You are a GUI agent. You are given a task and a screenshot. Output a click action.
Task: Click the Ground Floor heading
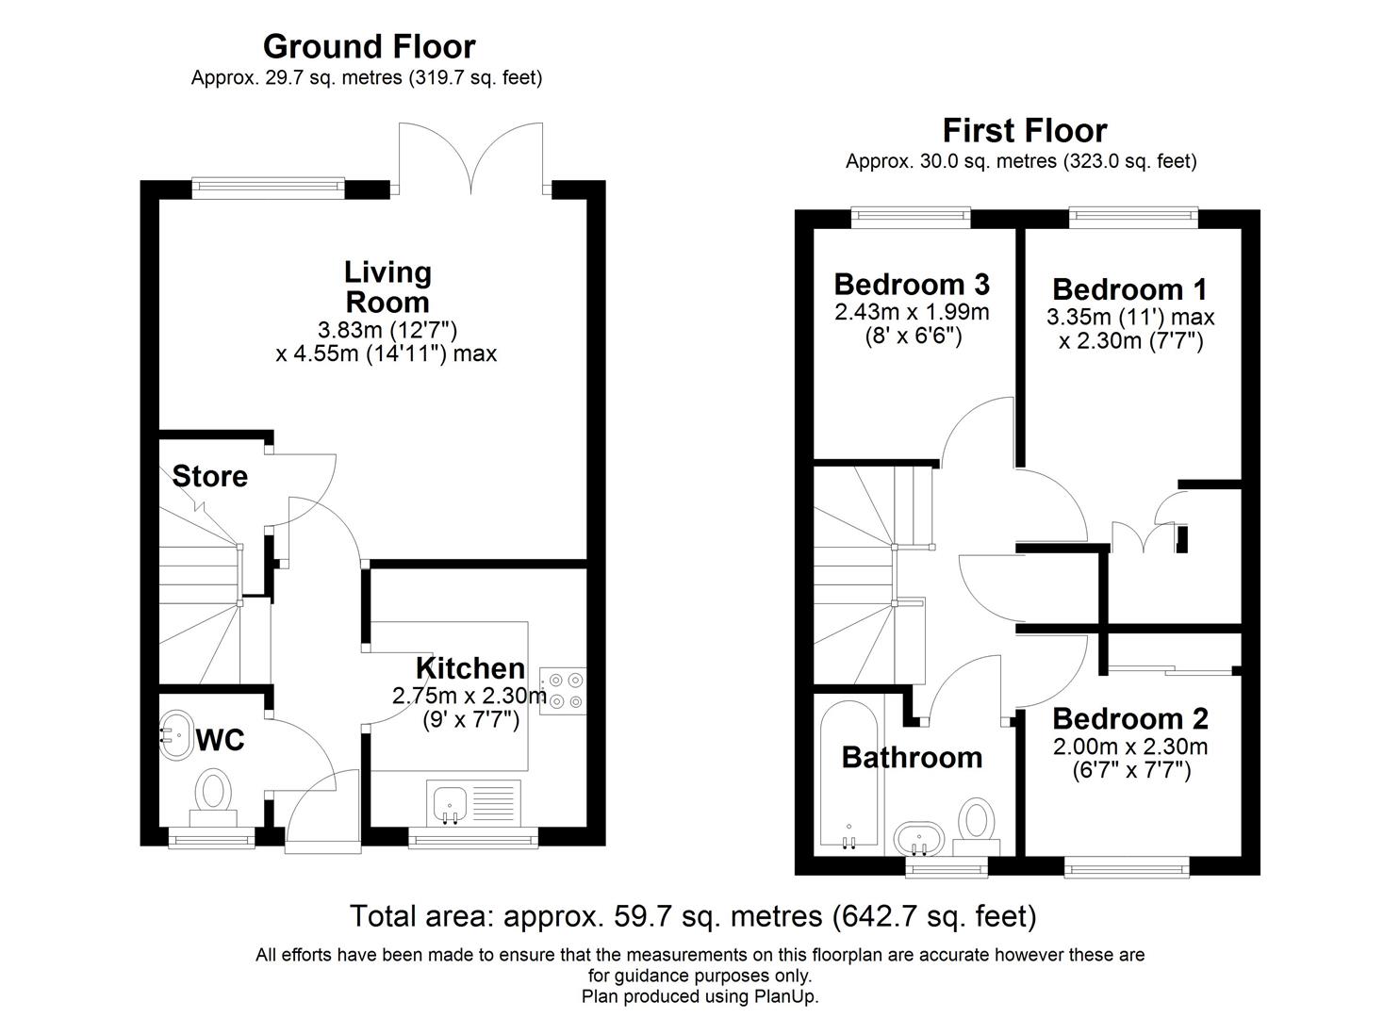click(x=369, y=46)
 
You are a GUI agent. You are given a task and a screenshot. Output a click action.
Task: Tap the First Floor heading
click(x=1024, y=130)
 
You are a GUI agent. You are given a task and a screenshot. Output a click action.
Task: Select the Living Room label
click(x=387, y=287)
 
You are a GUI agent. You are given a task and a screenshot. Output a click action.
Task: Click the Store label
click(x=209, y=476)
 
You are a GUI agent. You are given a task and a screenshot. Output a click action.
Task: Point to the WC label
click(x=220, y=741)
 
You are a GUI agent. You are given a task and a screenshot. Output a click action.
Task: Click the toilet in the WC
click(x=213, y=794)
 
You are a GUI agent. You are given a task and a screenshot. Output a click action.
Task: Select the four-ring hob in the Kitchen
click(x=562, y=689)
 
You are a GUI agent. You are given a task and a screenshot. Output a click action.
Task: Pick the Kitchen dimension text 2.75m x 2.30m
click(x=469, y=697)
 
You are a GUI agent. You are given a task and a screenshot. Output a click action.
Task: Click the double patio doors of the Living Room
click(x=470, y=156)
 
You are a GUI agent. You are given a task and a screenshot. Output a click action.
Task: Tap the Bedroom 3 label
click(x=911, y=284)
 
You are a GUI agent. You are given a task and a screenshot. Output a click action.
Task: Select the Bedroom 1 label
click(x=1129, y=288)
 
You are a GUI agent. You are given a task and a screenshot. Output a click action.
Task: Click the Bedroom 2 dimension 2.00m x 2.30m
click(x=1129, y=747)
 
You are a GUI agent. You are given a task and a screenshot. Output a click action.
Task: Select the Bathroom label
click(x=911, y=757)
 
